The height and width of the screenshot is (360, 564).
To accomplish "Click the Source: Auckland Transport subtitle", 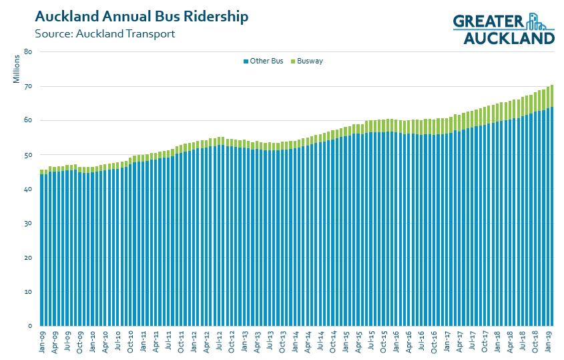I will click(x=105, y=33).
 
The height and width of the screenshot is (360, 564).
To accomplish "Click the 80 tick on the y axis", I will click(x=28, y=52).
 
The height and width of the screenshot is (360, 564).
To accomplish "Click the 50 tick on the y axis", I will click(x=28, y=155).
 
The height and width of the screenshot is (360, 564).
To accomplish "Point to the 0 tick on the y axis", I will click(x=30, y=326).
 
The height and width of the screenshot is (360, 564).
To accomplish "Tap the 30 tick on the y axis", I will click(x=28, y=224).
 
